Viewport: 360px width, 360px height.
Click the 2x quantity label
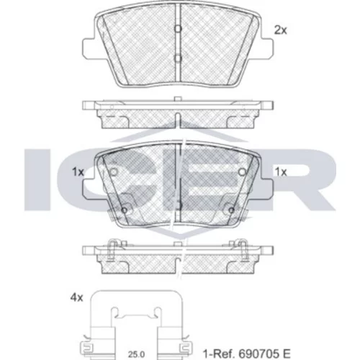[280, 30]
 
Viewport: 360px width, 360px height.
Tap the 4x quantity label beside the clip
[76, 298]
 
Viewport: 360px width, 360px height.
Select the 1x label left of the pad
[78, 172]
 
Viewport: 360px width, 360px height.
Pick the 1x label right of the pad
[281, 172]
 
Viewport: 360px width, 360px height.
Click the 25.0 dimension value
[136, 354]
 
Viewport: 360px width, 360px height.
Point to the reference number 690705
[259, 354]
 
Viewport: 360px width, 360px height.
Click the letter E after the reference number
[287, 354]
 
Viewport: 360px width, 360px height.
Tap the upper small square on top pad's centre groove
[178, 29]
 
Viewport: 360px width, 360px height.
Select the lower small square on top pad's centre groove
[178, 58]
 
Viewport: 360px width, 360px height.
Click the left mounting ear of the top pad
[89, 48]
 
